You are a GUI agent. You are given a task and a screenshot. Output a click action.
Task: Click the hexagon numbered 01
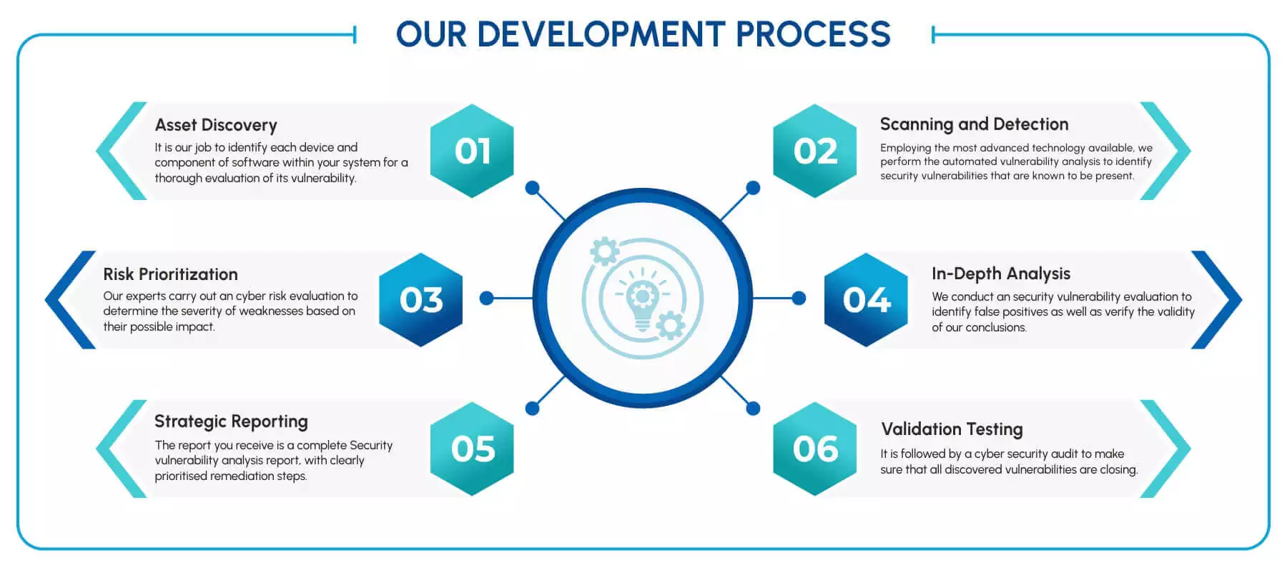(x=472, y=151)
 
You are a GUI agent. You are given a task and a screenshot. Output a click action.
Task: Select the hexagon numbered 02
(x=815, y=151)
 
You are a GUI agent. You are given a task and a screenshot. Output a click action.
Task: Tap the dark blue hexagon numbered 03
(x=421, y=299)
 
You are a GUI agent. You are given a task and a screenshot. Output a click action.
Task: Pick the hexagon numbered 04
(x=866, y=299)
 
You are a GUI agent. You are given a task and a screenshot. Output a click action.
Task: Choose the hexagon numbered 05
(x=472, y=449)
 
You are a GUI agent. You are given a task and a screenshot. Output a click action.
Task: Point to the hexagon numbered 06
(x=815, y=449)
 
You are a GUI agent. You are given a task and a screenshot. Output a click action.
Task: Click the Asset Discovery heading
(x=216, y=125)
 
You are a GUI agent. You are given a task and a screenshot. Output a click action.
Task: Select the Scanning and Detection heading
(x=974, y=124)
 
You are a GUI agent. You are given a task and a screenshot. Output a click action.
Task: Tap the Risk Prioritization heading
(x=170, y=274)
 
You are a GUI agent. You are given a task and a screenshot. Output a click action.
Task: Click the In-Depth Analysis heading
(x=1000, y=274)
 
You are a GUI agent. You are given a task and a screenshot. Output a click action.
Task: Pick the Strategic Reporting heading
(x=231, y=421)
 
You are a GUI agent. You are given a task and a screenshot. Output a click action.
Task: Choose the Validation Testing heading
(x=952, y=429)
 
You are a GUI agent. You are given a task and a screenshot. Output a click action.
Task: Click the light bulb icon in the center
(x=642, y=300)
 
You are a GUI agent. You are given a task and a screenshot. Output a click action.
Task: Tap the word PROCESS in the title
(x=813, y=34)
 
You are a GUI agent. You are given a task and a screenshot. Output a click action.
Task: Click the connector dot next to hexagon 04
(x=799, y=298)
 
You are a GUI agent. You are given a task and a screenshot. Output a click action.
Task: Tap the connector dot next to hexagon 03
(x=487, y=298)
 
